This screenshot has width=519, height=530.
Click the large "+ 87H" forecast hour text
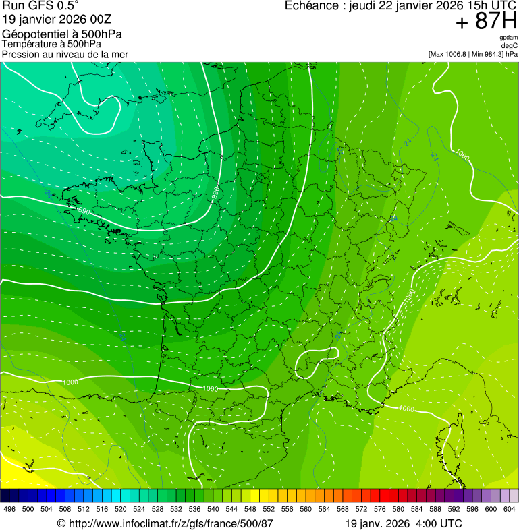tap(485, 22)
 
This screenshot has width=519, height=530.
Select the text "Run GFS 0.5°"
tap(40, 7)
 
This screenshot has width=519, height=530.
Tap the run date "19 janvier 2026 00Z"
tap(57, 19)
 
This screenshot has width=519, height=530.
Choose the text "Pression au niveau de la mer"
tap(65, 54)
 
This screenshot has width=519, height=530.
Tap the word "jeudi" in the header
tap(364, 6)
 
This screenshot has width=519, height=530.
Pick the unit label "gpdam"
tap(508, 38)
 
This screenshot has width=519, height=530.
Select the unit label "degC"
tap(510, 45)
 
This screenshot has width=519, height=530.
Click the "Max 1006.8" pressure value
tap(451, 54)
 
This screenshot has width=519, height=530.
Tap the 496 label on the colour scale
tap(9, 509)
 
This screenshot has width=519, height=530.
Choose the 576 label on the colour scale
tap(380, 509)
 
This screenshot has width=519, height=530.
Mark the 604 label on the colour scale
tap(510, 509)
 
